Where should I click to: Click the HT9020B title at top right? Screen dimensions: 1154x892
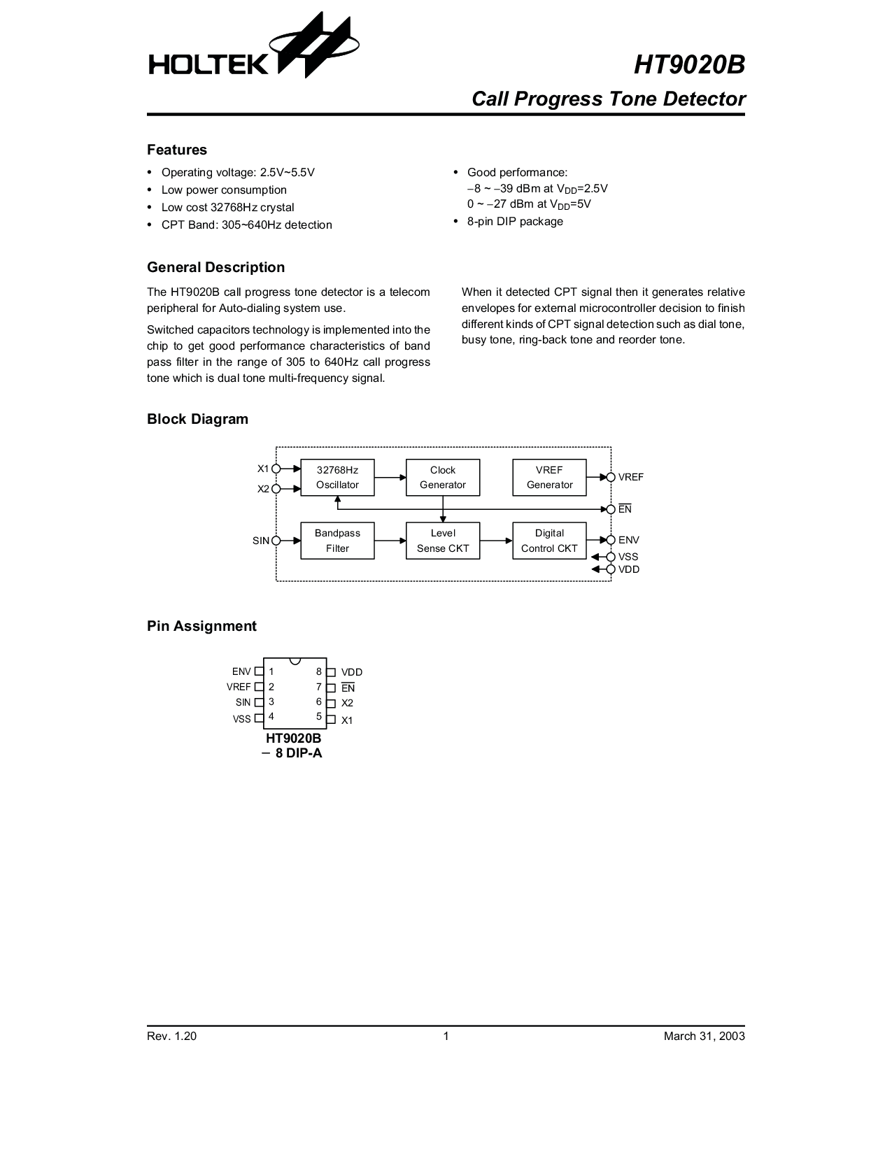(689, 65)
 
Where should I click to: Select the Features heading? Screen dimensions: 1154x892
(177, 150)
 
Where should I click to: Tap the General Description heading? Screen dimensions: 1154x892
(215, 267)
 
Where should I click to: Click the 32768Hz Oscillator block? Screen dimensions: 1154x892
(337, 478)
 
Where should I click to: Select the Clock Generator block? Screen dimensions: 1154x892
(443, 478)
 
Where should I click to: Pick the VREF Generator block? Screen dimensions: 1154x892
(549, 478)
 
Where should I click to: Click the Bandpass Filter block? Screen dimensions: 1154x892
(337, 541)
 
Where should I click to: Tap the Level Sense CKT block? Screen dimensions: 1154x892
(443, 541)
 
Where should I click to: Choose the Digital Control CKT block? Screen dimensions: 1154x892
(549, 541)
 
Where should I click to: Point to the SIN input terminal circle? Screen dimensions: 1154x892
(276, 541)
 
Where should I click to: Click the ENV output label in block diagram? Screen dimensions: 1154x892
(629, 540)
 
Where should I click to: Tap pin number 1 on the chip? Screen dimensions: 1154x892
(271, 671)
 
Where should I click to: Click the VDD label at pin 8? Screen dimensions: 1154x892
(352, 672)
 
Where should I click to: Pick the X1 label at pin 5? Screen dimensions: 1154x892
(347, 720)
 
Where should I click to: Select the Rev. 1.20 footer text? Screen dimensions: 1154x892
(171, 1036)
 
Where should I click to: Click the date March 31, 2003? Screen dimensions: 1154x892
(704, 1036)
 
